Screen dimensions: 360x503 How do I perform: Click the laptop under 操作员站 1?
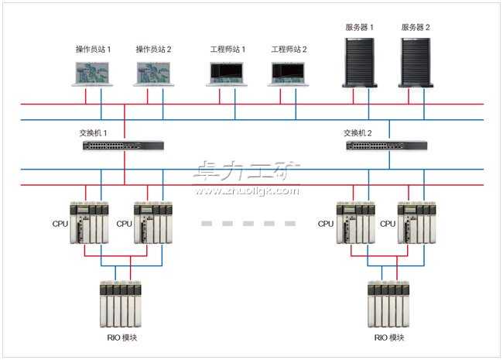[93, 73]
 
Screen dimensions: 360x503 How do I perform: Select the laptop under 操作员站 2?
[154, 73]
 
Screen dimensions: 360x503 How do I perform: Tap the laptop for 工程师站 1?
[228, 74]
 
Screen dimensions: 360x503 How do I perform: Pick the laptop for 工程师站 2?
[289, 74]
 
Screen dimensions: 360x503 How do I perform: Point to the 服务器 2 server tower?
[416, 60]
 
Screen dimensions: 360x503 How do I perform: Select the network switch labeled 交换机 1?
[123, 145]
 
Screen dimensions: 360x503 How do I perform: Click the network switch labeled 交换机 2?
[386, 145]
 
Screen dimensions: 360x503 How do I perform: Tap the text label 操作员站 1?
[93, 49]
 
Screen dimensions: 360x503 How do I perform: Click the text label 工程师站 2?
[289, 49]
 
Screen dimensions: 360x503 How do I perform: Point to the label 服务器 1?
[360, 27]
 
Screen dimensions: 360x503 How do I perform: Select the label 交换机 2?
[358, 132]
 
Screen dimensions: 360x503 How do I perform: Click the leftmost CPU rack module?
[89, 223]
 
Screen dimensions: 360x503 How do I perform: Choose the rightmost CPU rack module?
[416, 223]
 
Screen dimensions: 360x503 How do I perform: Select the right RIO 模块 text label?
[389, 338]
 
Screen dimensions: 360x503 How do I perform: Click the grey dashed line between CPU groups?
[248, 223]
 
